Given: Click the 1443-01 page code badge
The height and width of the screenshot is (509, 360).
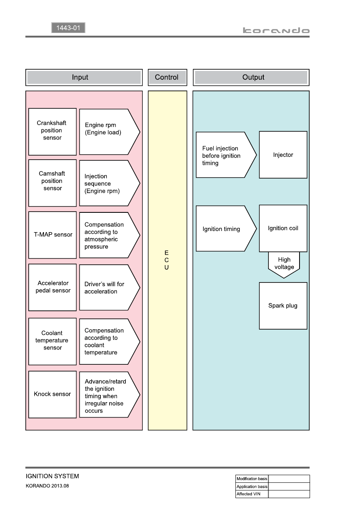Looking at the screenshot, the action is click(68, 28).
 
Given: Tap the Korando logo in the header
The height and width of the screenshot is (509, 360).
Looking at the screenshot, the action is click(276, 30).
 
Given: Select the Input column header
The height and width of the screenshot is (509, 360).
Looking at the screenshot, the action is click(84, 77).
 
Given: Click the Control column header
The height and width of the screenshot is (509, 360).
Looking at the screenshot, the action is click(167, 77).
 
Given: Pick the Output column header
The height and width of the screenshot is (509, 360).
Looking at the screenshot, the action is click(251, 77).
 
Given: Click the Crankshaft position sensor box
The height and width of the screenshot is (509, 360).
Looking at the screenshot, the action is click(52, 132).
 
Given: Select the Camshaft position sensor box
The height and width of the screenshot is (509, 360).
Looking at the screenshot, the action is click(52, 183).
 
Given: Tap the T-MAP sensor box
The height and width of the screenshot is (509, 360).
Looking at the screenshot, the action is click(52, 235).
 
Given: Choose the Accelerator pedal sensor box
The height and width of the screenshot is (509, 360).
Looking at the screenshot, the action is click(52, 287).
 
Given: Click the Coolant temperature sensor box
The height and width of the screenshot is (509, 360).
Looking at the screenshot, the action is click(52, 341).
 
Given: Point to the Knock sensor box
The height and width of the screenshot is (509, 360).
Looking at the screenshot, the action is click(52, 395).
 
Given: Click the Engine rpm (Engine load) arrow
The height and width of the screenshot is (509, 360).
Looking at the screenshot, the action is click(110, 132).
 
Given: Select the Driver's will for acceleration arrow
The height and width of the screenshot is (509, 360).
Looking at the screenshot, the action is click(110, 287).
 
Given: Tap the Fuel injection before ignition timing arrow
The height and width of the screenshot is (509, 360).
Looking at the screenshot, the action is click(226, 155).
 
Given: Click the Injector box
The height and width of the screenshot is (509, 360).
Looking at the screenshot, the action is click(283, 155).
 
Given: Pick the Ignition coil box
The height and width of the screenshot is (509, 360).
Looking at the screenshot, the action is click(283, 229).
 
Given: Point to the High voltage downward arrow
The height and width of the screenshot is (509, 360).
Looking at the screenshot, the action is click(284, 265).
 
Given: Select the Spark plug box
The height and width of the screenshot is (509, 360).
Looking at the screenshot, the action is click(283, 305).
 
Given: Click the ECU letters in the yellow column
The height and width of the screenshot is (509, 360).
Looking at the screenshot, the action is click(166, 260).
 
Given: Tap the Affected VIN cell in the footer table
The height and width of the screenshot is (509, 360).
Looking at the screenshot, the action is click(252, 494).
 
